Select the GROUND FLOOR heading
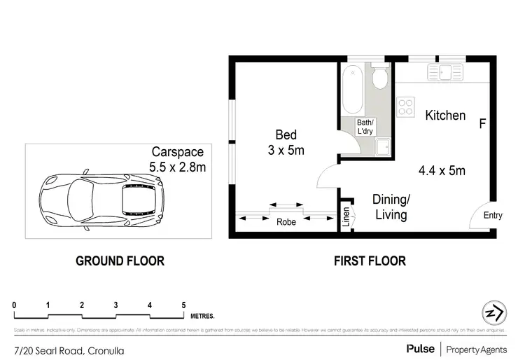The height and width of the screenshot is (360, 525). click(120, 261)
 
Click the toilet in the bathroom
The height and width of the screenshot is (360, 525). click(380, 78)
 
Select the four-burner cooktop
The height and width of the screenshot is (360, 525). click(406, 107)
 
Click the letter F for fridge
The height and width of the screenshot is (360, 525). click(482, 125)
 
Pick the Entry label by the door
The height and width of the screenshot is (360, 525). click(493, 216)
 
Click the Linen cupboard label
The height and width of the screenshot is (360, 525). click(345, 217)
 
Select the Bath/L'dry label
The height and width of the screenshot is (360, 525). click(365, 126)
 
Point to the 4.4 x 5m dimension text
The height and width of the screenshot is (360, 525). click(442, 169)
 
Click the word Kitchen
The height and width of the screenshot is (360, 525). click(445, 115)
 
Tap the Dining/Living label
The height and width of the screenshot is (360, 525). click(391, 207)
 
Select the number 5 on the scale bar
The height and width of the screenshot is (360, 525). click(183, 305)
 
